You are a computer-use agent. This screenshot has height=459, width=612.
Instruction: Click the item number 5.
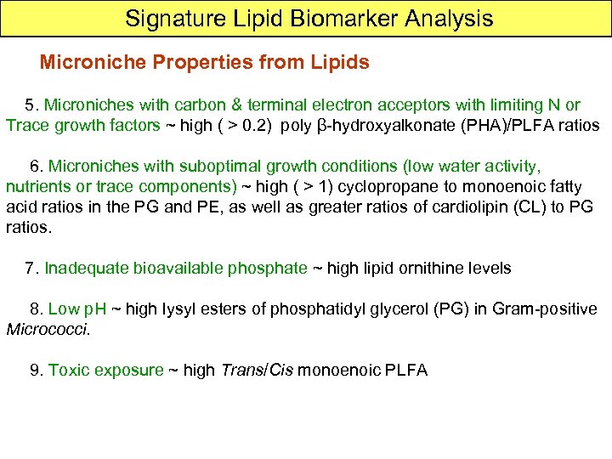point(31,105)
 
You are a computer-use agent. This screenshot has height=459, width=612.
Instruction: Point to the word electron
point(369,105)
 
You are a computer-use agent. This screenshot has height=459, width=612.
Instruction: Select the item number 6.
point(35,165)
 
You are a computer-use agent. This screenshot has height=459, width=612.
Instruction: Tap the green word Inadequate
point(83,269)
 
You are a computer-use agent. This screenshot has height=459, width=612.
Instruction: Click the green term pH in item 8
point(93,309)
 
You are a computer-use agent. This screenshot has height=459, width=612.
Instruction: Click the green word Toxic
point(69,370)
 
